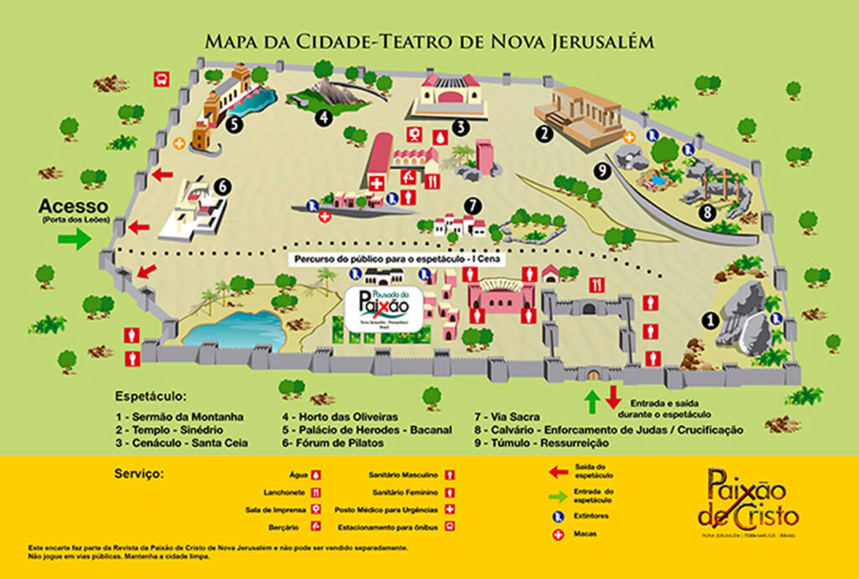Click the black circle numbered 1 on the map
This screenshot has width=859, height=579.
pos(710,319)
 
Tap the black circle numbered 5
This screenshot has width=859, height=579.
pos(235,123)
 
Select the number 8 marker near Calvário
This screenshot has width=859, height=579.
pos(707,211)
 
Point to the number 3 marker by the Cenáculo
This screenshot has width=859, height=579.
pos(459,127)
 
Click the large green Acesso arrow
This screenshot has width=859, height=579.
pos(74,239)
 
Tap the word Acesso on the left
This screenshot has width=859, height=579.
pos(73,205)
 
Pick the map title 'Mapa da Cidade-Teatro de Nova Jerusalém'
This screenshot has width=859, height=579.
pos(429,41)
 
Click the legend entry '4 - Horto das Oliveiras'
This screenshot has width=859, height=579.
pos(340,416)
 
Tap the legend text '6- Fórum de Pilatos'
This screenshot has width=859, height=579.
pos(333,442)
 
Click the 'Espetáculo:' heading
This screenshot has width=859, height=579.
pos(151,395)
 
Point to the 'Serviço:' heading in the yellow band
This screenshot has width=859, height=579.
pos(139,473)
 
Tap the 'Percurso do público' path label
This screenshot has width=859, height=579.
pos(395,259)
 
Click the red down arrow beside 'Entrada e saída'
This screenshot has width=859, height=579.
pos(612,396)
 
